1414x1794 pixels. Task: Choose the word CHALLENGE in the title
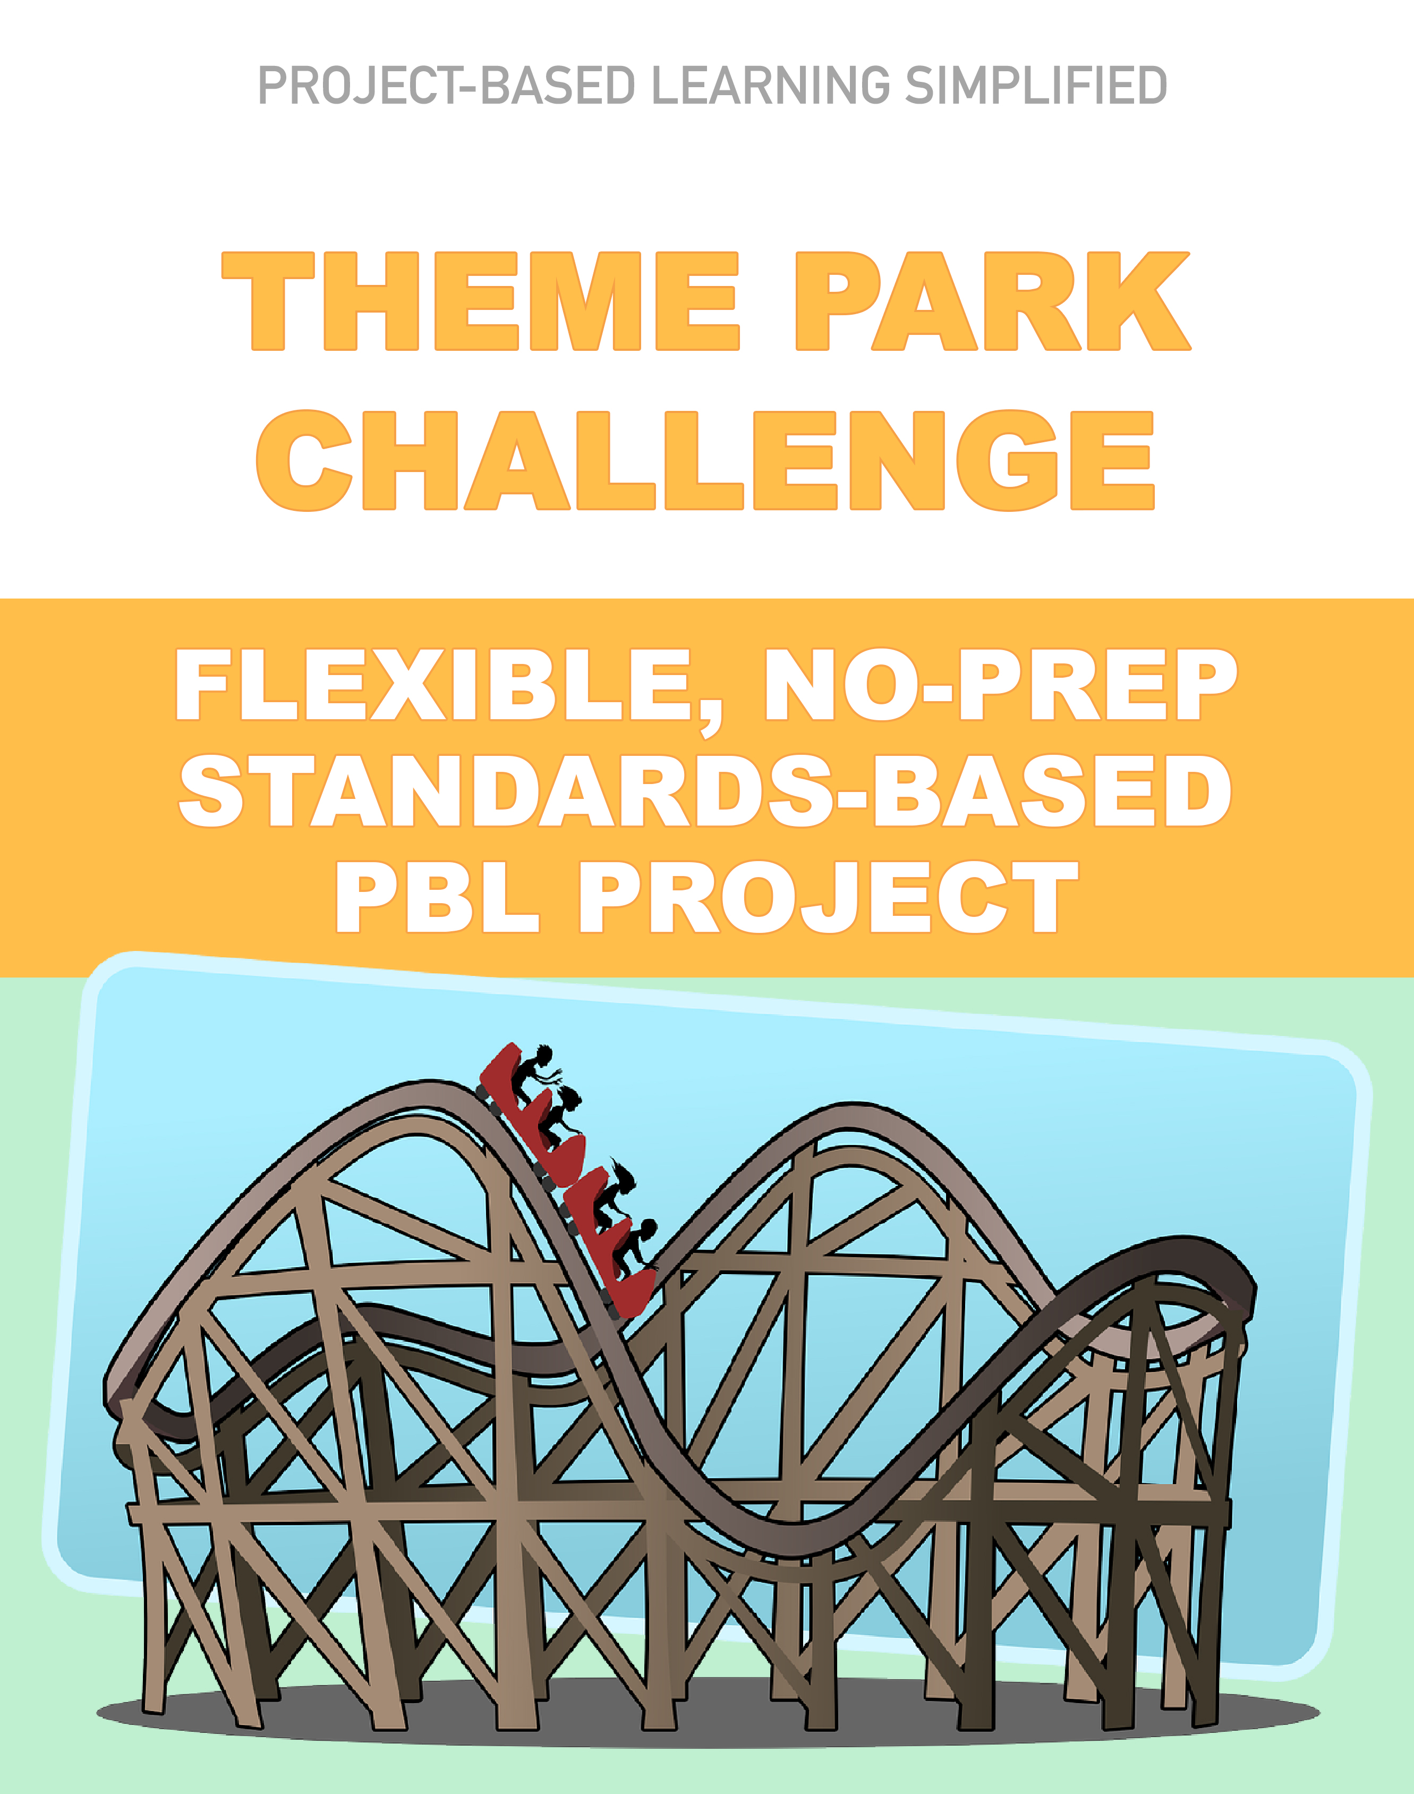705,460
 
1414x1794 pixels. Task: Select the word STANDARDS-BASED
705,791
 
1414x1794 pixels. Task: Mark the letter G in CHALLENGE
1008,460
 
